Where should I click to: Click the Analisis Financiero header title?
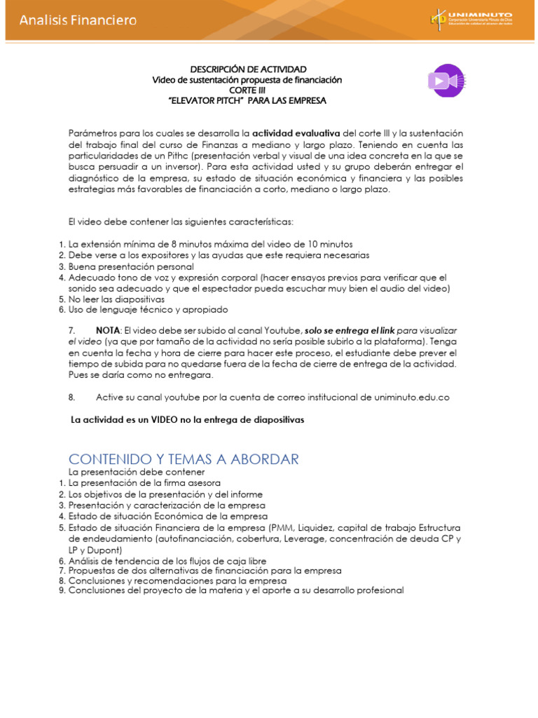pos(78,20)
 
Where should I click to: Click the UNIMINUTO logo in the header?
pos(471,20)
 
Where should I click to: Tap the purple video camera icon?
pos(446,81)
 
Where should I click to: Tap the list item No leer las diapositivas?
pos(116,299)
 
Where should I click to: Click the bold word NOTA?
pos(108,330)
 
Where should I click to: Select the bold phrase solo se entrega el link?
pos(341,330)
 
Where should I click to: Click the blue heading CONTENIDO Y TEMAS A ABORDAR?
pos(184,459)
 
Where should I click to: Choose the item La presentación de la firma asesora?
pos(144,483)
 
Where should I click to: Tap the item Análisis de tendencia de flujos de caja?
pos(167,561)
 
